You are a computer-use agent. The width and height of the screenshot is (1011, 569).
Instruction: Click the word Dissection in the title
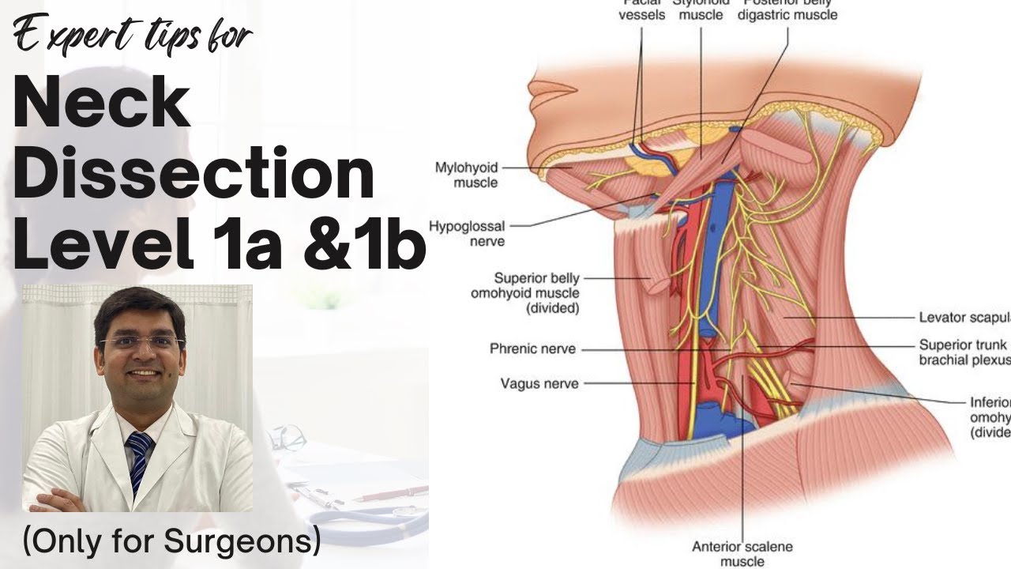(x=194, y=175)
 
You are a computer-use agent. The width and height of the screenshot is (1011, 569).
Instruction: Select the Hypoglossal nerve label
(x=467, y=233)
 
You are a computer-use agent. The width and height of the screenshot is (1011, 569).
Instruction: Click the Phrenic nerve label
(x=532, y=349)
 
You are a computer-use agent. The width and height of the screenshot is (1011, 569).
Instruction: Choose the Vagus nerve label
(x=539, y=384)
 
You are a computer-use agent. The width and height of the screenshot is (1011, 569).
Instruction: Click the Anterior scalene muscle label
(x=742, y=553)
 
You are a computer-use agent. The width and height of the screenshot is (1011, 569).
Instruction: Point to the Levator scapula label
(x=964, y=318)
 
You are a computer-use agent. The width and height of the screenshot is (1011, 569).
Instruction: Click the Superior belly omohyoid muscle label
(x=536, y=293)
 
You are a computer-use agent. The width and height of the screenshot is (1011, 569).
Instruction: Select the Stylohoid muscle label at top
(x=701, y=11)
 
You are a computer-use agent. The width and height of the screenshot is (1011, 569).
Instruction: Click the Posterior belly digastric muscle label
(x=787, y=11)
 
